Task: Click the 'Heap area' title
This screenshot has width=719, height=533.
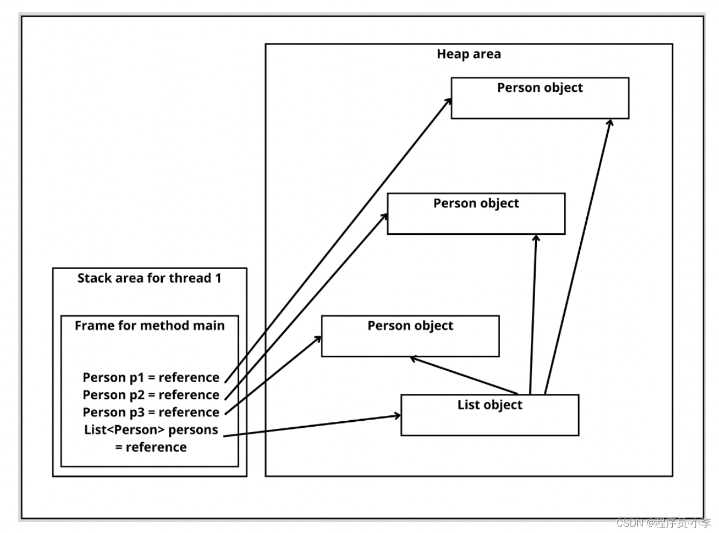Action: (469, 54)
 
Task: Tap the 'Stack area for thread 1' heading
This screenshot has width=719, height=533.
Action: (149, 278)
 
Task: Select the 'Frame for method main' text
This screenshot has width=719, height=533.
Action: (149, 325)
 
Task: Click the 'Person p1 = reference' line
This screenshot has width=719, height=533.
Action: (151, 377)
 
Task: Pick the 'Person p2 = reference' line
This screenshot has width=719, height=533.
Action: (151, 395)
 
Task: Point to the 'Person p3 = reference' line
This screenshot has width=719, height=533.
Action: (151, 413)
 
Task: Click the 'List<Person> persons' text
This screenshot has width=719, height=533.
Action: (151, 430)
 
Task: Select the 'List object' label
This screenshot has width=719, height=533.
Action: (490, 405)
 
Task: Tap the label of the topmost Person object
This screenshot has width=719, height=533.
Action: (540, 88)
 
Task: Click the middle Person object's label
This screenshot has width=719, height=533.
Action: (476, 203)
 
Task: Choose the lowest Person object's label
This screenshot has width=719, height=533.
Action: (410, 326)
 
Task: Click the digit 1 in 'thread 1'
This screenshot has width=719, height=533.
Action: (218, 278)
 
